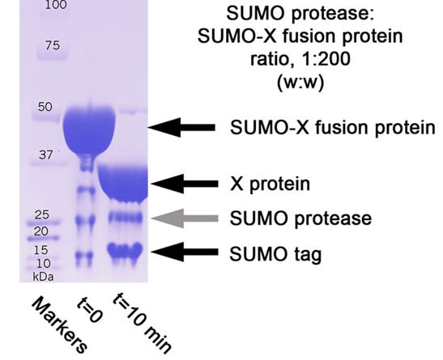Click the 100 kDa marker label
56,5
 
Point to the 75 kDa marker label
53,45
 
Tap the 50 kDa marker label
45,107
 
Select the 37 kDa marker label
45,155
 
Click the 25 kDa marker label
42,215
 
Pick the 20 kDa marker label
41,231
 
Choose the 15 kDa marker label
40,250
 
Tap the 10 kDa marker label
44,264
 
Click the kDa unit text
43,277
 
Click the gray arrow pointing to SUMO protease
185,218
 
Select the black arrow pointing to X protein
185,184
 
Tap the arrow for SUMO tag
184,252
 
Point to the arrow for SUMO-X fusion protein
181,128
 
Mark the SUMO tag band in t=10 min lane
125,250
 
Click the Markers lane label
58,325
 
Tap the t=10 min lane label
142,323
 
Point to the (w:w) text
300,83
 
